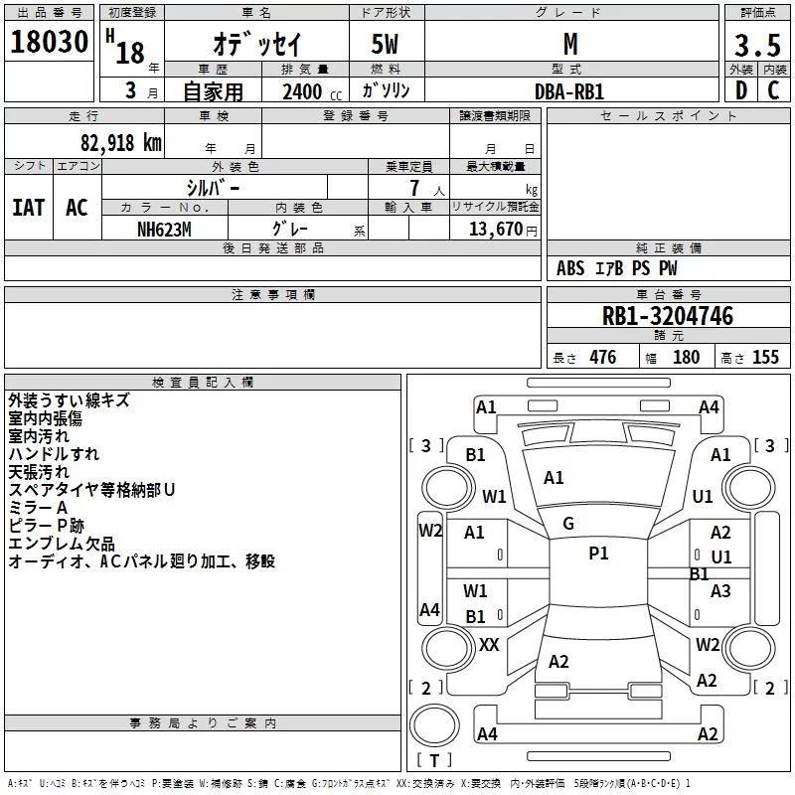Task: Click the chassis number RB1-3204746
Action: coord(668,317)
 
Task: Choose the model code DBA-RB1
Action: coord(568,90)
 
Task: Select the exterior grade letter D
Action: coord(740,90)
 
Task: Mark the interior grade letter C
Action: coord(773,90)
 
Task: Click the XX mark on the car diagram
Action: coord(489,645)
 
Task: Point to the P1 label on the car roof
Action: coord(598,554)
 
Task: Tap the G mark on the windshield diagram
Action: coord(568,524)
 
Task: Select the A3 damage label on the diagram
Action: coord(720,591)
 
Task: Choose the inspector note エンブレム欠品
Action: coord(62,545)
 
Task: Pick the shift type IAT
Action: coord(29,208)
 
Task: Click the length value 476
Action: coord(602,358)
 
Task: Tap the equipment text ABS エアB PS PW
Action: coord(616,268)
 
